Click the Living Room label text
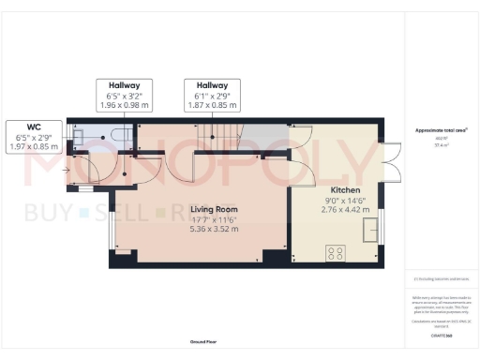point(214,209)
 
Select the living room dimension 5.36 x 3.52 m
point(214,228)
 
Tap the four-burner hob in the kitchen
point(335,251)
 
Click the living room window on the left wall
point(112,231)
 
